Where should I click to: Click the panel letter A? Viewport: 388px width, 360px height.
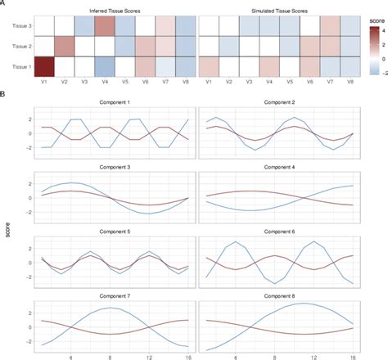(5, 4)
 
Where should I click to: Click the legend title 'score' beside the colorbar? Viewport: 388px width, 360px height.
(377, 15)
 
